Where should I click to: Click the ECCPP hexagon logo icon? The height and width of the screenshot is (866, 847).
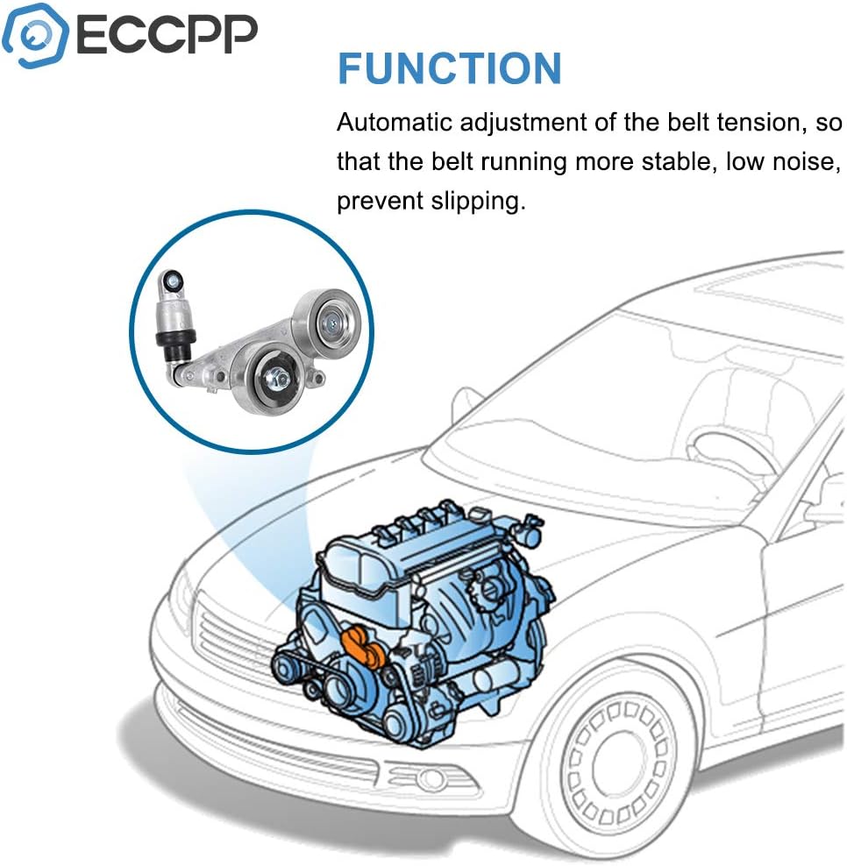pos(36,35)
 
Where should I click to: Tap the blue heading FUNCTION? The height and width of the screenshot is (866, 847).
pos(449,69)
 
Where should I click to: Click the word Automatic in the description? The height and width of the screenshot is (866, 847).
pos(394,122)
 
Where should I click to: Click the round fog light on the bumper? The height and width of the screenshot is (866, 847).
pos(431,777)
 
